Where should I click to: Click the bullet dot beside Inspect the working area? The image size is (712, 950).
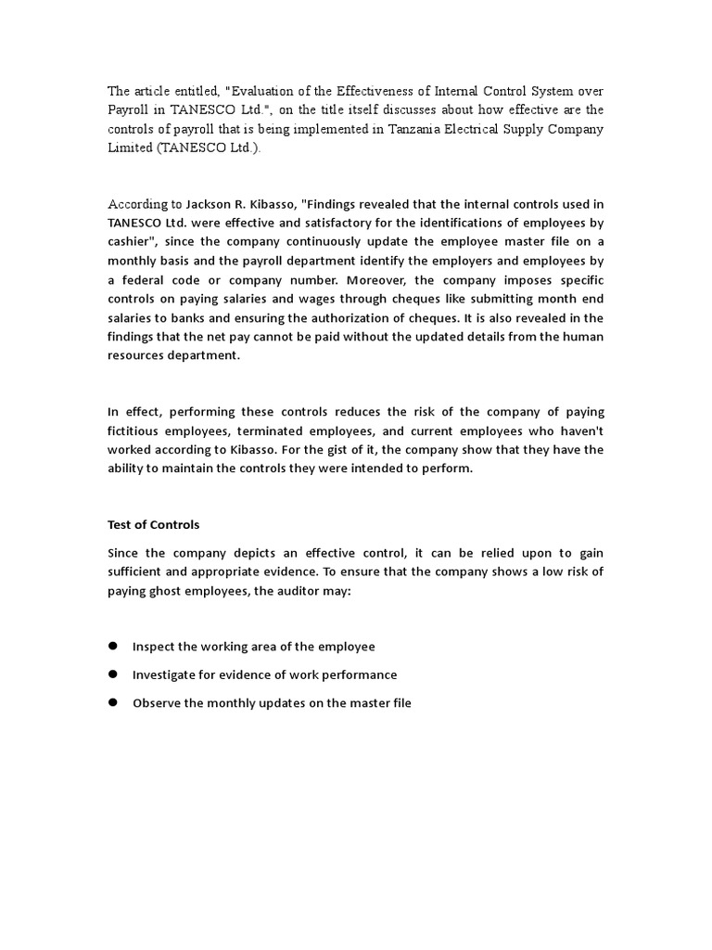pyautogui.click(x=113, y=646)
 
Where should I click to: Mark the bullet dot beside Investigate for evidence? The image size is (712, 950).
pyautogui.click(x=113, y=674)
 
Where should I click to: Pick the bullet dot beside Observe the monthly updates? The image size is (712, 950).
pyautogui.click(x=113, y=703)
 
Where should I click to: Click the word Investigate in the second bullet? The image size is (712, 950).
pyautogui.click(x=165, y=675)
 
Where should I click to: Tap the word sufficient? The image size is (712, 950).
pyautogui.click(x=139, y=572)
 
